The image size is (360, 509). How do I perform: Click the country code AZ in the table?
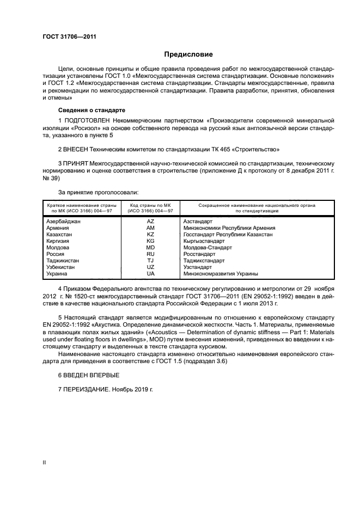(x=150, y=222)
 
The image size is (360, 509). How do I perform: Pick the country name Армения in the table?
(x=58, y=228)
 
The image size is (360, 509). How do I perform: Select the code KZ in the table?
(x=150, y=234)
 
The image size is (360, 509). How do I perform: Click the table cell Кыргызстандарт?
(x=204, y=241)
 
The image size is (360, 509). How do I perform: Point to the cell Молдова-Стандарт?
(x=208, y=247)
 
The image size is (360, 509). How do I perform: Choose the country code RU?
(x=150, y=254)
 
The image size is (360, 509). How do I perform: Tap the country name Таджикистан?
(x=63, y=261)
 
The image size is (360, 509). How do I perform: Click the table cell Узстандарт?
(x=198, y=267)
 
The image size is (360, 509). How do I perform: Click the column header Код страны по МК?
(x=150, y=205)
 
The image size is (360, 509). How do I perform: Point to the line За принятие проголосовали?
(x=98, y=192)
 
